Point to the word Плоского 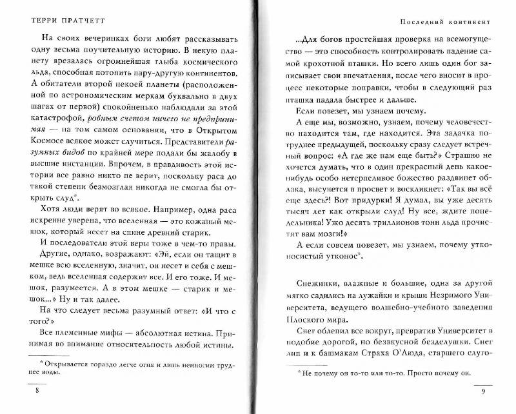(304, 317)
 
